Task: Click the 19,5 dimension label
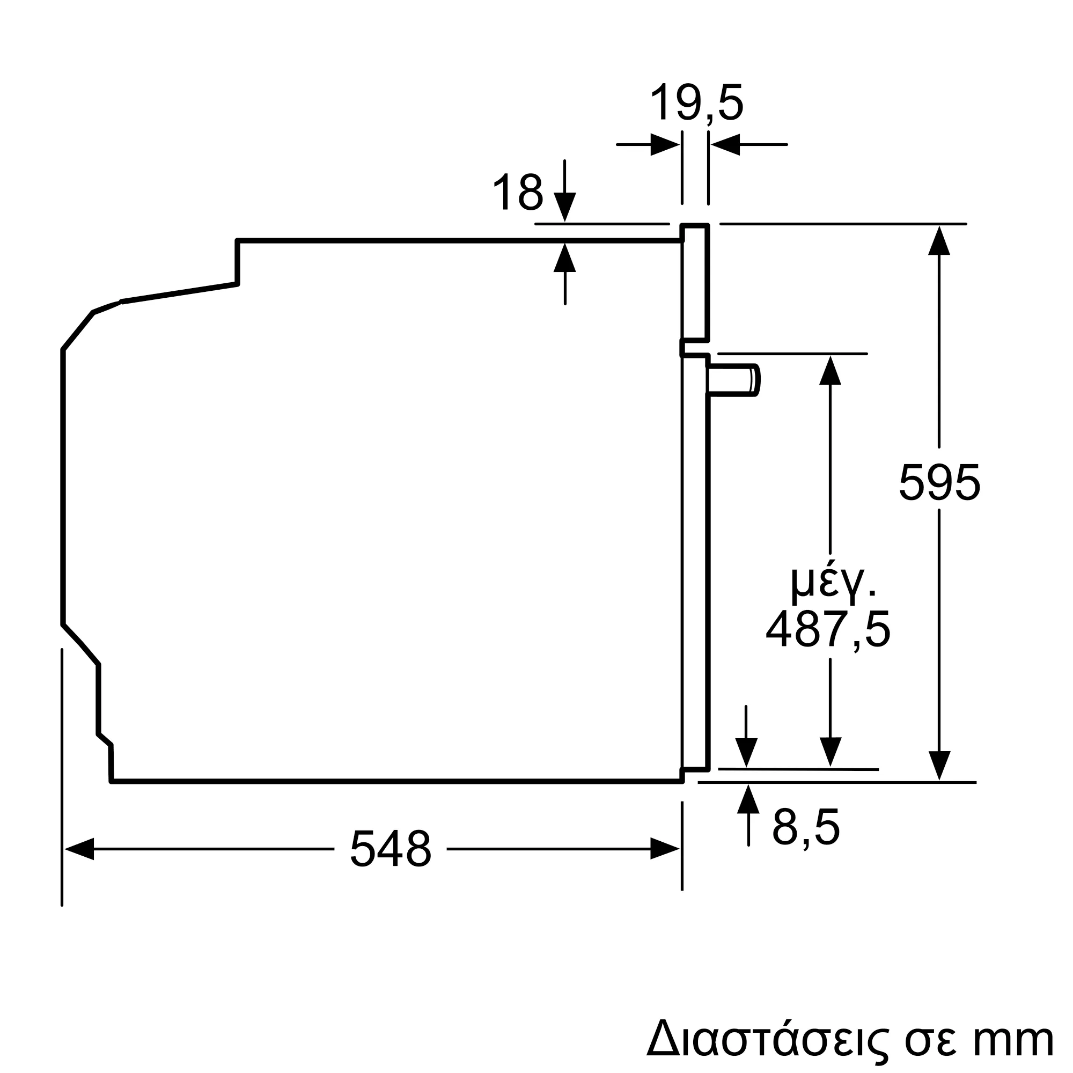coord(696,103)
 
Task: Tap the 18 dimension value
coord(518,192)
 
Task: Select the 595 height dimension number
coord(939,483)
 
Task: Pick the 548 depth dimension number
coord(391,849)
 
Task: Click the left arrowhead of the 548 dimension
coord(79,849)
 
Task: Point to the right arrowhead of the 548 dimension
coord(665,849)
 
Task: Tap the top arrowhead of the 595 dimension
coord(939,240)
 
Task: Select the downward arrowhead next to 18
coord(565,207)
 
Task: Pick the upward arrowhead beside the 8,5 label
coord(748,799)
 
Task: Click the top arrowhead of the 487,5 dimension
coord(831,370)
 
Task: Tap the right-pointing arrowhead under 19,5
coord(665,144)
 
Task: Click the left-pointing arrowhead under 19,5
coord(725,144)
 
